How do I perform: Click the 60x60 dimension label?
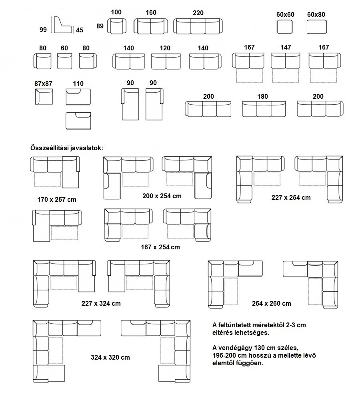[285, 15]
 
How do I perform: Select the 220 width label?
[198, 13]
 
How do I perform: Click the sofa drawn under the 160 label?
[151, 26]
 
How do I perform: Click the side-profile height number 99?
[43, 30]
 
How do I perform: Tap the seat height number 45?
[80, 30]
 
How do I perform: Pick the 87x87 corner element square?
[44, 97]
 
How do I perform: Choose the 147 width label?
[286, 47]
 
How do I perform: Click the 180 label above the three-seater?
[262, 97]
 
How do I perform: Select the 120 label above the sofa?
[165, 48]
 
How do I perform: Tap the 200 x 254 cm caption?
[162, 196]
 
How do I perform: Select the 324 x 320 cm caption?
[110, 357]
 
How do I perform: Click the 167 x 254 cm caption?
[160, 247]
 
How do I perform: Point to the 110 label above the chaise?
[78, 84]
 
